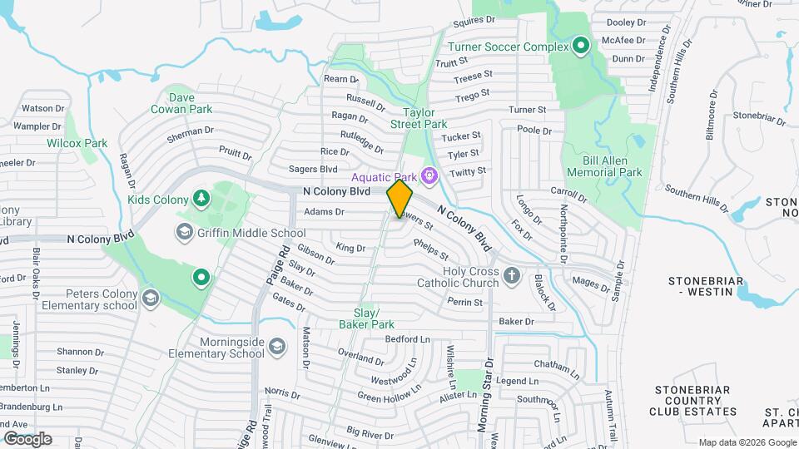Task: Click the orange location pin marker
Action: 400,198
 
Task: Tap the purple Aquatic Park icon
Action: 429,175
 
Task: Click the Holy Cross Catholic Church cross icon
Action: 512,274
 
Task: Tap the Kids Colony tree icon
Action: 200,197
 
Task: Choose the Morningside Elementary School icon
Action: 278,345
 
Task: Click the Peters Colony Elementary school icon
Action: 150,298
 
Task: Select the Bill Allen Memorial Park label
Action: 604,165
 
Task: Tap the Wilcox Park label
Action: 82,143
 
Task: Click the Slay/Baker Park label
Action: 367,317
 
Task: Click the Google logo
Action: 27,439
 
